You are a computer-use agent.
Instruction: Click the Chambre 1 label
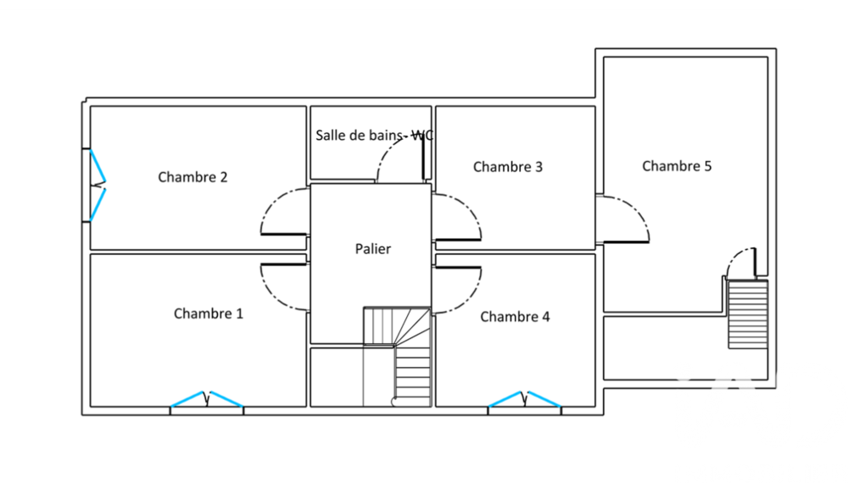click(x=209, y=314)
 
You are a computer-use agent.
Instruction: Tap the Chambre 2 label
click(x=192, y=176)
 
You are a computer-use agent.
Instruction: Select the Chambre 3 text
click(x=508, y=166)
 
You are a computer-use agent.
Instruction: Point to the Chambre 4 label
click(x=515, y=316)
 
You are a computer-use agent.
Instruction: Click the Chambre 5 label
click(x=677, y=166)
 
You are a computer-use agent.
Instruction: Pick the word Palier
click(x=372, y=248)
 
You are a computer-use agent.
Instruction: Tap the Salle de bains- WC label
click(x=374, y=135)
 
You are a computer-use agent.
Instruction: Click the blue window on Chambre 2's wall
click(x=98, y=185)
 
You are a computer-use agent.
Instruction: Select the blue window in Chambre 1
click(x=207, y=399)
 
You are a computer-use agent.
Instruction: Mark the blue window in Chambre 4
click(x=525, y=399)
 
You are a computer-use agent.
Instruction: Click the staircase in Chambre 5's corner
click(x=748, y=314)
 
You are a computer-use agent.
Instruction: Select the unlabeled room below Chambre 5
click(x=685, y=348)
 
